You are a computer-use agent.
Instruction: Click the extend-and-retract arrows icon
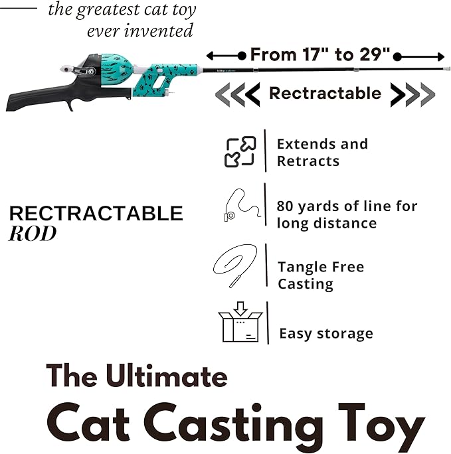coord(240,151)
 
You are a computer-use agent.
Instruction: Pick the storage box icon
coord(240,323)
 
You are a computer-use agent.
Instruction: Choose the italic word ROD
coord(33,234)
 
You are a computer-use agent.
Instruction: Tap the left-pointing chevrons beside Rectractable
coord(236,94)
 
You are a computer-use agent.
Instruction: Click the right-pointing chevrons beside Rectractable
coord(412,94)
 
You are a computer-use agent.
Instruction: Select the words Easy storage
coord(325,333)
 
